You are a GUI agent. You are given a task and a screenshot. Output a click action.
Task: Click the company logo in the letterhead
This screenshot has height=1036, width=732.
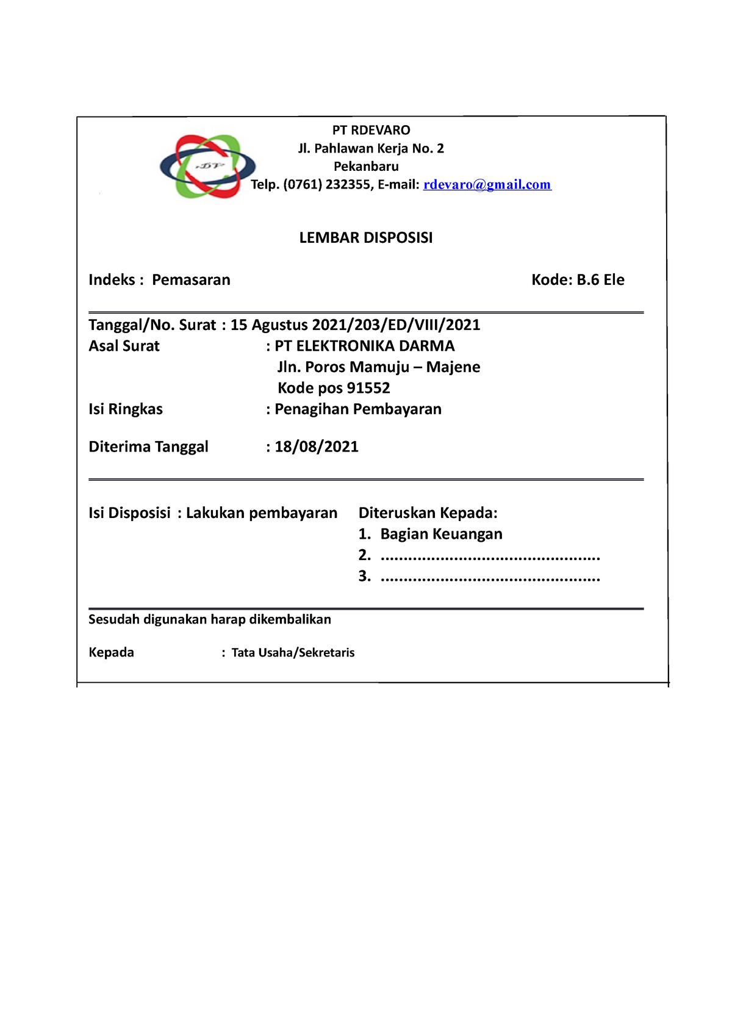pyautogui.click(x=207, y=167)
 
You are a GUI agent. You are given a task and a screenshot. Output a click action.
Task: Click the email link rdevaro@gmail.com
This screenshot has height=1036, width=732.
pyautogui.click(x=487, y=185)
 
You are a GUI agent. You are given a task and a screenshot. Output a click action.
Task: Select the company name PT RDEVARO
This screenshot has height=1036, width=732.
pyautogui.click(x=371, y=130)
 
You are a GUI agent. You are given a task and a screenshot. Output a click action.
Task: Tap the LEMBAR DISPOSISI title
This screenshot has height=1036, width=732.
pyautogui.click(x=365, y=238)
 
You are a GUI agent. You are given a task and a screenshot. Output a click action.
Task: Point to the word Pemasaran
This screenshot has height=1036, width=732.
pyautogui.click(x=191, y=280)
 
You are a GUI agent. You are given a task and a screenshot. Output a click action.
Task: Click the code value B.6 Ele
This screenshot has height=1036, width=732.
pyautogui.click(x=600, y=280)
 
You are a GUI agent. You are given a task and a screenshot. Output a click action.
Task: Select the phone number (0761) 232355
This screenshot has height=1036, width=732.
pyautogui.click(x=326, y=185)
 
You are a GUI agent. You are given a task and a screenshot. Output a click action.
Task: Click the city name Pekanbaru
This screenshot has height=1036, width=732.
pyautogui.click(x=366, y=167)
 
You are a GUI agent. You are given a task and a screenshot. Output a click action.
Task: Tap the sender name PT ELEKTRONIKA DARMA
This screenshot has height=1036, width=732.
pyautogui.click(x=364, y=346)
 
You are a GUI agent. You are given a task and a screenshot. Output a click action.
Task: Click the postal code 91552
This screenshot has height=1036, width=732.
pyautogui.click(x=368, y=388)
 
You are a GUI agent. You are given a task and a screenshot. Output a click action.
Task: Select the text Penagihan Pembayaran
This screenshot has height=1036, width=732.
pyautogui.click(x=357, y=409)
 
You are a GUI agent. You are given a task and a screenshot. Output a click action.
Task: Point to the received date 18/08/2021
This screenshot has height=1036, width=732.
pyautogui.click(x=316, y=447)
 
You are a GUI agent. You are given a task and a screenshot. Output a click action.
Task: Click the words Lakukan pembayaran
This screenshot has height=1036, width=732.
pyautogui.click(x=261, y=513)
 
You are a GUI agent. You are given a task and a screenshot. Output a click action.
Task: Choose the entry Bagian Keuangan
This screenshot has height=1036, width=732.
pyautogui.click(x=441, y=534)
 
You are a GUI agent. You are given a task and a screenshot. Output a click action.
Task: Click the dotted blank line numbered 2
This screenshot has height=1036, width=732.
pyautogui.click(x=490, y=557)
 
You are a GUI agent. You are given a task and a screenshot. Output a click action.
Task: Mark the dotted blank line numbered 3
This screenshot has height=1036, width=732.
pyautogui.click(x=490, y=578)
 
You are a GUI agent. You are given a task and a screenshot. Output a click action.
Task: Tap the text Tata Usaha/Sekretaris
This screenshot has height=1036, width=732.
pyautogui.click(x=293, y=653)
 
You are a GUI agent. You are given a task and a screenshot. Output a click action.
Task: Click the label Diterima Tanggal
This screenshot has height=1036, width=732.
pyautogui.click(x=148, y=447)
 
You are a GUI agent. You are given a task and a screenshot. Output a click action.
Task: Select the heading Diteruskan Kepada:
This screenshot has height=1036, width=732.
pyautogui.click(x=428, y=513)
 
